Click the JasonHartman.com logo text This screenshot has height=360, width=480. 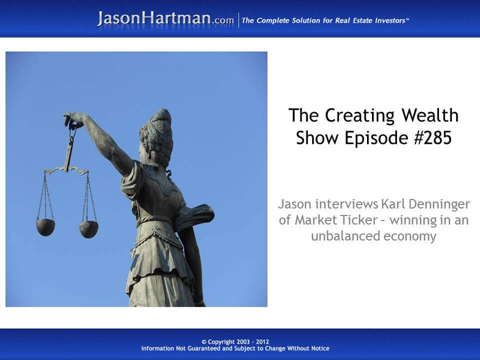pyautogui.click(x=165, y=19)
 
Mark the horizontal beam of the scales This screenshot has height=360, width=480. pyautogui.click(x=66, y=170)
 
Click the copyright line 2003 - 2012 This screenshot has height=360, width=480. pyautogui.click(x=240, y=342)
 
